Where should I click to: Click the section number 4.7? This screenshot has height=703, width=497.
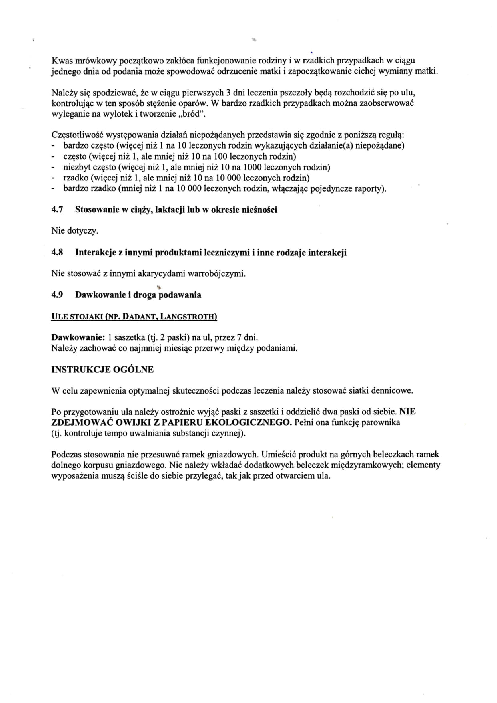[57, 210]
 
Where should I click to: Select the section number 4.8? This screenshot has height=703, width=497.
[57, 253]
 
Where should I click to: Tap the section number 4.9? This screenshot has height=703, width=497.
[57, 295]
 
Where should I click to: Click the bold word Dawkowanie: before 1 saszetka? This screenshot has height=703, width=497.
[78, 337]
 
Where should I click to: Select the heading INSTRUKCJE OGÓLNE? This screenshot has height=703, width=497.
[102, 370]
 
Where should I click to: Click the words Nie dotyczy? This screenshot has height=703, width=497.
[75, 231]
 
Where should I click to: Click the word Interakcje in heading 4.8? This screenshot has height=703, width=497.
[95, 253]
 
